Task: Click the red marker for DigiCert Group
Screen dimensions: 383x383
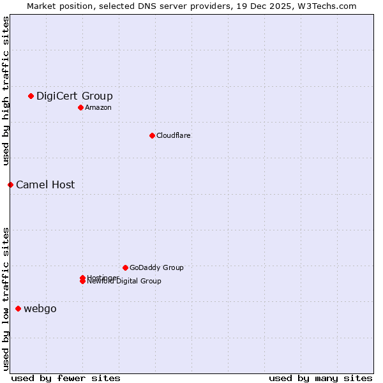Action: click(31, 96)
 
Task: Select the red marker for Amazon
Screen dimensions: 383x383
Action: click(80, 107)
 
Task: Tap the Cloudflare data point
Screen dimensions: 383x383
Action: click(152, 135)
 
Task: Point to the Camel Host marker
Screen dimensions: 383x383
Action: click(10, 185)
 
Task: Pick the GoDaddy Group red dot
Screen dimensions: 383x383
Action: click(125, 267)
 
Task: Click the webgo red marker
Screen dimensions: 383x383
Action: click(18, 309)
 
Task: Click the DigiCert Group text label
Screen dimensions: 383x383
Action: click(74, 96)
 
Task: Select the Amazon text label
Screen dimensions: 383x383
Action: click(98, 107)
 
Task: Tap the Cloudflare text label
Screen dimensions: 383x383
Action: click(173, 135)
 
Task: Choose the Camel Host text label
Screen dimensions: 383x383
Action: click(45, 185)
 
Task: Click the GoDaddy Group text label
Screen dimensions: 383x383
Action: click(156, 267)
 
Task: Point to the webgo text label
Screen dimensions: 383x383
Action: click(40, 309)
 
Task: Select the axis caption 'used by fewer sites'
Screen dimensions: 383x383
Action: click(66, 378)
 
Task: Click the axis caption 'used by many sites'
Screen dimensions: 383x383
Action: click(320, 378)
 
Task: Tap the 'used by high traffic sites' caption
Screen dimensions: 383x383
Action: click(6, 91)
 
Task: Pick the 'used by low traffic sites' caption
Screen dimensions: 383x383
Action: click(6, 298)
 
